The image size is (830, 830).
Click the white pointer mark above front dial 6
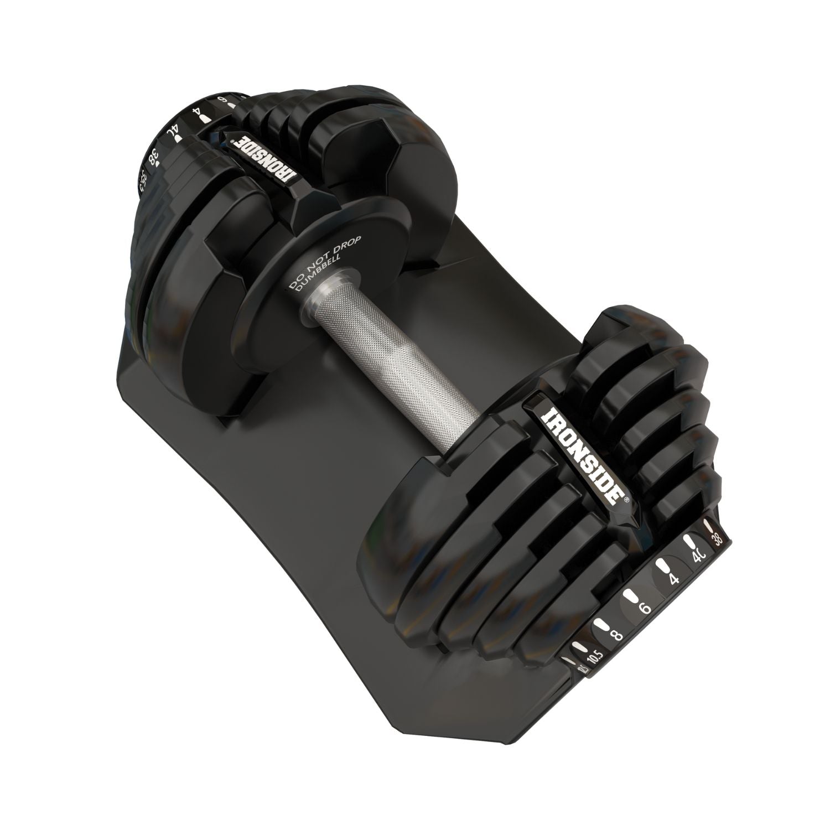click(x=630, y=596)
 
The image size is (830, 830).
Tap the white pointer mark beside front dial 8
click(x=600, y=624)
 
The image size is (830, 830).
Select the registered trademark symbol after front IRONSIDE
click(x=627, y=499)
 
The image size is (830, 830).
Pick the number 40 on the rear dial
click(x=173, y=133)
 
